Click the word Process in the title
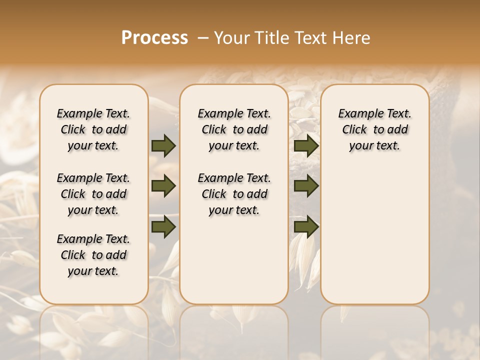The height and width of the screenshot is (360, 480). (154, 38)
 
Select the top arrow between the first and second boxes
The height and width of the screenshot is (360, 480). (163, 146)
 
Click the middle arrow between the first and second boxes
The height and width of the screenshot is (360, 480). (163, 186)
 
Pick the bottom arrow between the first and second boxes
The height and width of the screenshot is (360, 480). (163, 226)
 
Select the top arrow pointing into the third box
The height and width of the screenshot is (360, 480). (306, 146)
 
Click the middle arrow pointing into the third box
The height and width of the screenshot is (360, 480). (306, 186)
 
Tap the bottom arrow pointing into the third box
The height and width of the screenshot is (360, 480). (306, 226)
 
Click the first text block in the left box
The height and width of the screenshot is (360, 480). (93, 129)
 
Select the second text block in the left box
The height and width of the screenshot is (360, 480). (93, 194)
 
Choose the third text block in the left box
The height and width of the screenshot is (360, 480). (93, 255)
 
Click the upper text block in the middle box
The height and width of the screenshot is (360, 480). (234, 129)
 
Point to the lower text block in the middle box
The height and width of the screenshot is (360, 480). (234, 194)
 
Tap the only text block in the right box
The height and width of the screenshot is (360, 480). (374, 129)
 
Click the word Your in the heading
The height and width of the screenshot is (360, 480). (229, 38)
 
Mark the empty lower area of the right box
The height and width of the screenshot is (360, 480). (374, 235)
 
